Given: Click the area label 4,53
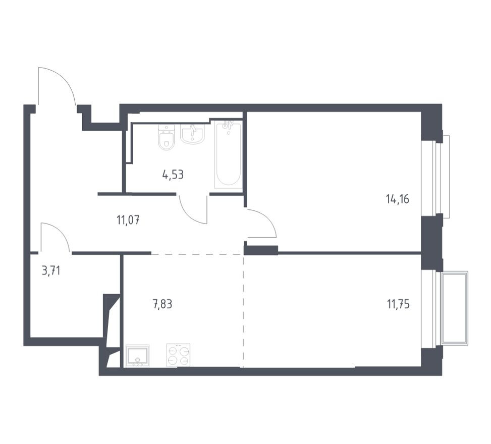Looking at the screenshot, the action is click(173, 175).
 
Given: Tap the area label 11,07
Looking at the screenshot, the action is click(128, 220).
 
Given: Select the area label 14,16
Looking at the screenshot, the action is click(398, 199).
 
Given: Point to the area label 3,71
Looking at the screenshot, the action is click(51, 270).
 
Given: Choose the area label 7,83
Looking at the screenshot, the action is click(162, 304).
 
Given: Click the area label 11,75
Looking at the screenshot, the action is click(398, 304).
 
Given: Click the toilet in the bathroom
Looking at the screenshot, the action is click(167, 137).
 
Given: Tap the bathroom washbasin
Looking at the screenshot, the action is click(192, 134).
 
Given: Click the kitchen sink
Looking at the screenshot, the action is click(137, 356).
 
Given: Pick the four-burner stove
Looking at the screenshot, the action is click(179, 355).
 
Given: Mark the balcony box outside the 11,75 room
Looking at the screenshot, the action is click(454, 309).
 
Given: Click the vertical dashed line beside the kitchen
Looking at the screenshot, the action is click(243, 311).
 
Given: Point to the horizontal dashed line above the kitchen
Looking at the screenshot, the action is click(197, 254).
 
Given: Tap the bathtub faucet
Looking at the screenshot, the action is click(228, 126).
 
